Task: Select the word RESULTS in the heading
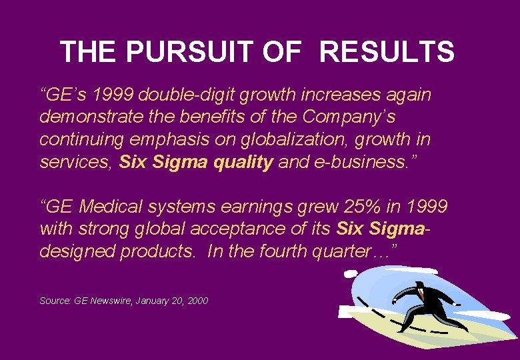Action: [387, 51]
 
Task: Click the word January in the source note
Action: [153, 301]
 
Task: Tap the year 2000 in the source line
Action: [197, 301]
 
